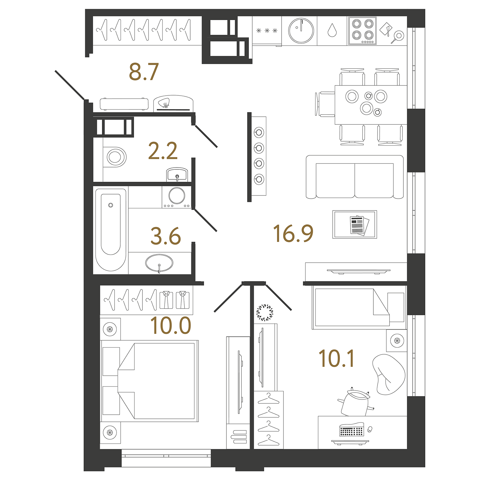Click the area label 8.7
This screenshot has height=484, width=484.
tap(144, 72)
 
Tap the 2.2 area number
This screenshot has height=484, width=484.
tap(163, 151)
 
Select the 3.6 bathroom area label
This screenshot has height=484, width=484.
tap(166, 236)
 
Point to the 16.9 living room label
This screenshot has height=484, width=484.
tap(293, 234)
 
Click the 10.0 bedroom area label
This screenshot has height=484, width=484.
tap(171, 326)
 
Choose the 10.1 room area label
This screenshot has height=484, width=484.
tap(336, 359)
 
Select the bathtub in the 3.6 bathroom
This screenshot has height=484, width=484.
tap(111, 229)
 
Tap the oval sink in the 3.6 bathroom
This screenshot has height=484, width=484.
tap(159, 263)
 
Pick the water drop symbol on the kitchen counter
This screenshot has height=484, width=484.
tap(332, 31)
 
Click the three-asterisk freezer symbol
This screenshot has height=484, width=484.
tap(267, 31)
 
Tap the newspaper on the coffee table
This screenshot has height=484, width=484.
tap(359, 225)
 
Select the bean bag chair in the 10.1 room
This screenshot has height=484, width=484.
tap(389, 374)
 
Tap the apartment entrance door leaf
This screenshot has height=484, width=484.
tap(69, 85)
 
